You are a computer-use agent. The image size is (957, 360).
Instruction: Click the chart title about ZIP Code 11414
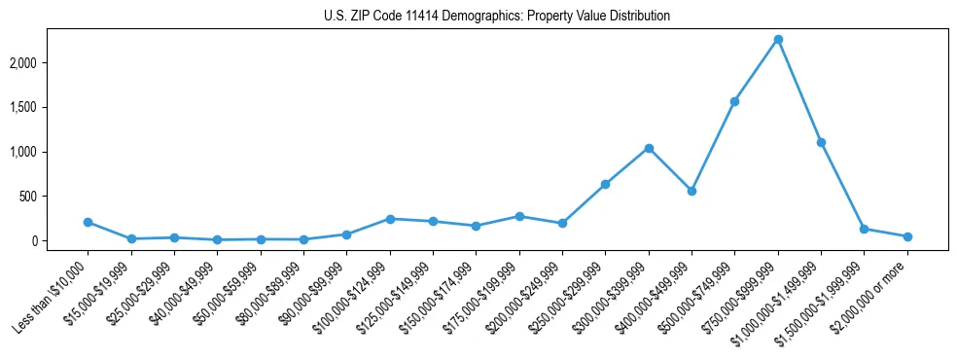pos(497,17)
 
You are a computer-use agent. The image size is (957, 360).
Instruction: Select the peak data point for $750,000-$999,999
pos(778,40)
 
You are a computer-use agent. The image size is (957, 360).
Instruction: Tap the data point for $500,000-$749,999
pos(734,101)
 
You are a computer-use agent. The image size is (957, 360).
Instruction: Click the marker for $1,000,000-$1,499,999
pos(821,142)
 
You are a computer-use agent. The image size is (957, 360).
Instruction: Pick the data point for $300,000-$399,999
pos(649,148)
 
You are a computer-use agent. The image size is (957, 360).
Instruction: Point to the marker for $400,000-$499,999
pos(691,191)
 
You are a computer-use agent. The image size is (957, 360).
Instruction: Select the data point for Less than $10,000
pos(88,222)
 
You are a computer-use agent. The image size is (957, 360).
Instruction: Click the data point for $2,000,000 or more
pos(907,236)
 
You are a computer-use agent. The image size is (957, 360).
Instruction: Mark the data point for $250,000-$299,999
pos(605,184)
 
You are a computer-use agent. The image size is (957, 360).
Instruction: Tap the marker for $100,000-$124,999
pos(390,219)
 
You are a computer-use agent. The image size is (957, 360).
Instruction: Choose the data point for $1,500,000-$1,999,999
pos(864,229)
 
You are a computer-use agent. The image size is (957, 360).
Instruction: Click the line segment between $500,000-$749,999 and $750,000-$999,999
pos(757,70)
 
